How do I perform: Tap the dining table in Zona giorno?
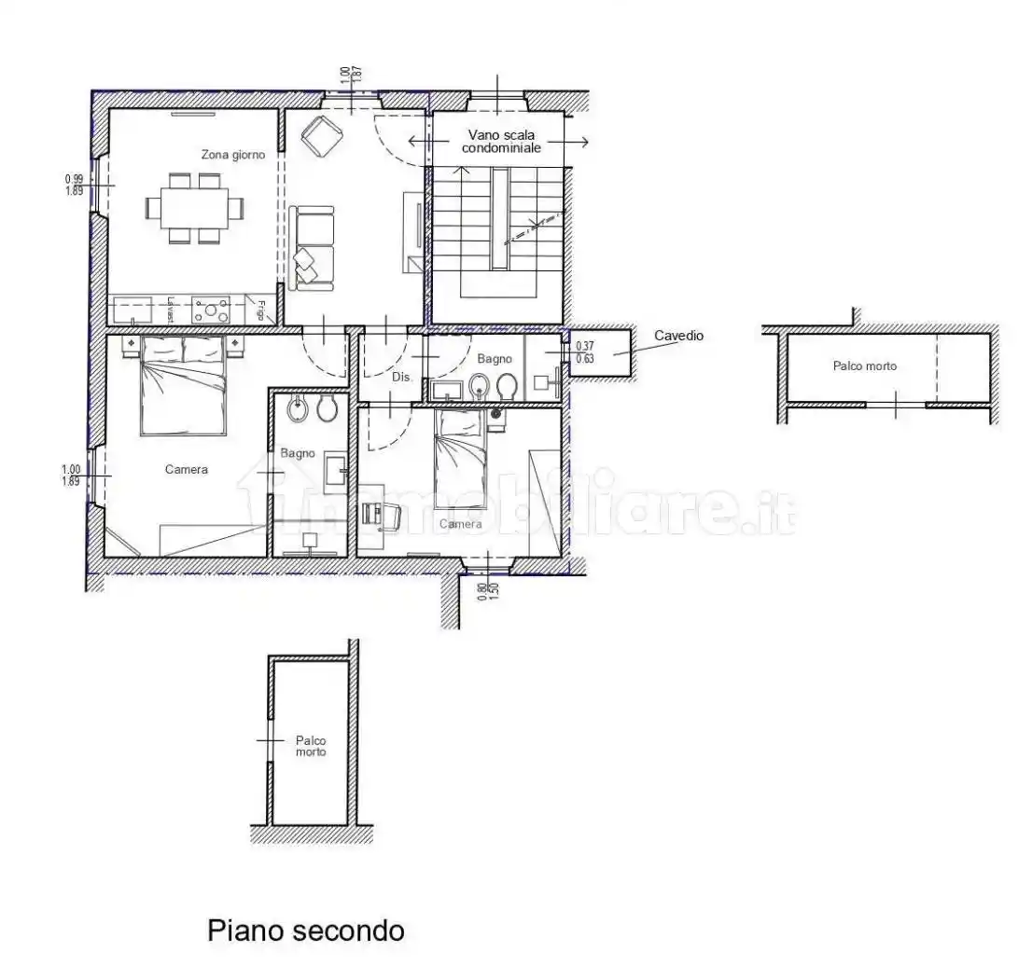194,206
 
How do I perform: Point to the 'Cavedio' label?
678,336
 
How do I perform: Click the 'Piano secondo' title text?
305,930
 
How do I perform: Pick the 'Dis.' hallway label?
401,378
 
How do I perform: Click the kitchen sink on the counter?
133,309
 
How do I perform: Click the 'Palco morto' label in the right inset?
864,366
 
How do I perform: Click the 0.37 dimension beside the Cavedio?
585,346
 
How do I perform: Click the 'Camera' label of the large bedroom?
187,469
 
